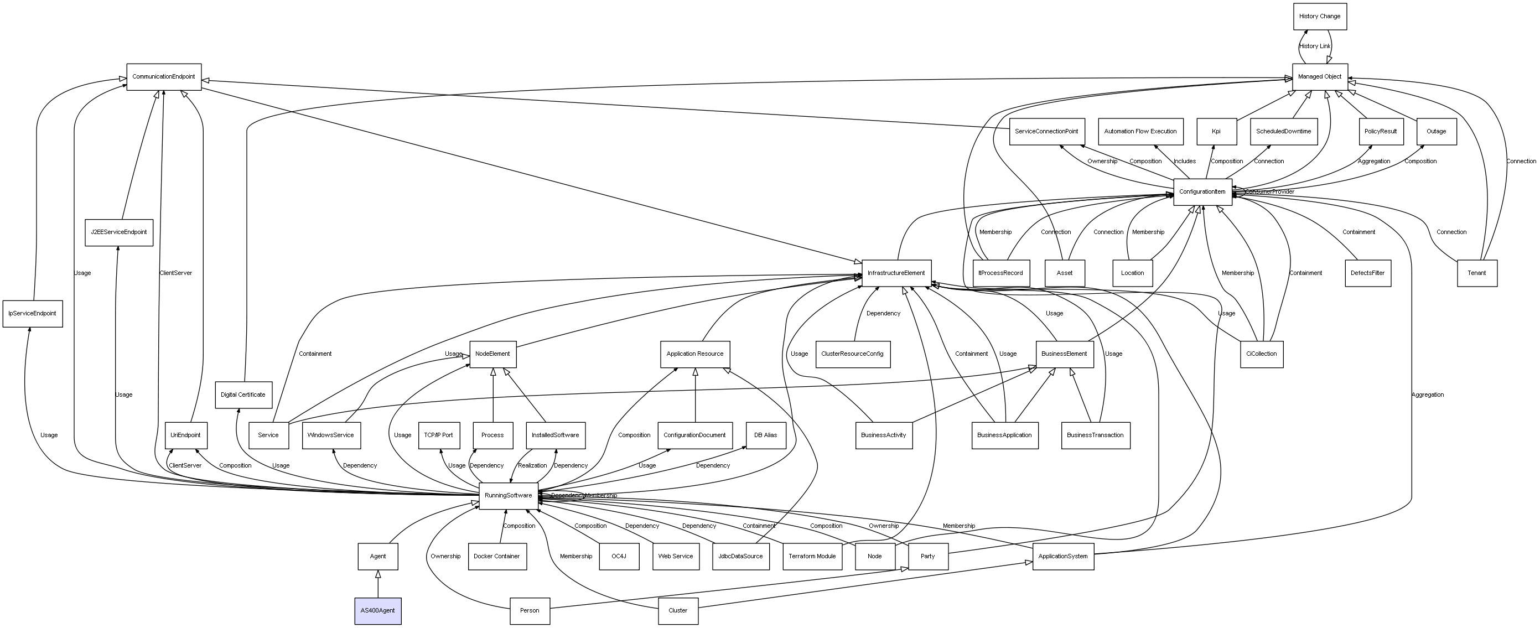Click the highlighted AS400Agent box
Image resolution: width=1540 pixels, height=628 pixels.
(x=378, y=611)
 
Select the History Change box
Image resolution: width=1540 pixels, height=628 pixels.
(x=1320, y=16)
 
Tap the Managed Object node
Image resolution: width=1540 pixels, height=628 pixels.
(x=1320, y=76)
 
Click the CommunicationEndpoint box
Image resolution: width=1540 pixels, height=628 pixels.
(x=164, y=76)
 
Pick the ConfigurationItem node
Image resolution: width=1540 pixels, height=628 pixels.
(x=1202, y=192)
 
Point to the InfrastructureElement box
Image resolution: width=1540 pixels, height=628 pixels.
(x=896, y=273)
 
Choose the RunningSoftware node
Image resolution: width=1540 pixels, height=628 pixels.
(x=508, y=496)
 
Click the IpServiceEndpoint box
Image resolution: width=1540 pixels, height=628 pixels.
(x=32, y=314)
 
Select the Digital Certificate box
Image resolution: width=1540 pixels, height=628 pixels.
(x=243, y=395)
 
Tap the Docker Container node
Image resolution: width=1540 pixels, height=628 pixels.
(x=497, y=556)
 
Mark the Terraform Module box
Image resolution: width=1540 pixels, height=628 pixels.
(x=812, y=556)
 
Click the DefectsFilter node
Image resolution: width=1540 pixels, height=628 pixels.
(x=1368, y=273)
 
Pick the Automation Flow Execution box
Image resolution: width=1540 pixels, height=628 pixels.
(x=1140, y=132)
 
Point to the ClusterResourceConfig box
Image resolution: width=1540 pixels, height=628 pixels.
(x=852, y=354)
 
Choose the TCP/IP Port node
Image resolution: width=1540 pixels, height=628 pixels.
(x=438, y=435)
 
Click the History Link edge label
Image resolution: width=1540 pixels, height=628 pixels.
(x=1315, y=46)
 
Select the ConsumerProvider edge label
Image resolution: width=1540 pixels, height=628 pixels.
(x=1271, y=192)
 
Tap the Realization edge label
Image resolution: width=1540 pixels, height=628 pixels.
(x=532, y=465)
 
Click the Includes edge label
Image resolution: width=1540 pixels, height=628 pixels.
(x=1184, y=162)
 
